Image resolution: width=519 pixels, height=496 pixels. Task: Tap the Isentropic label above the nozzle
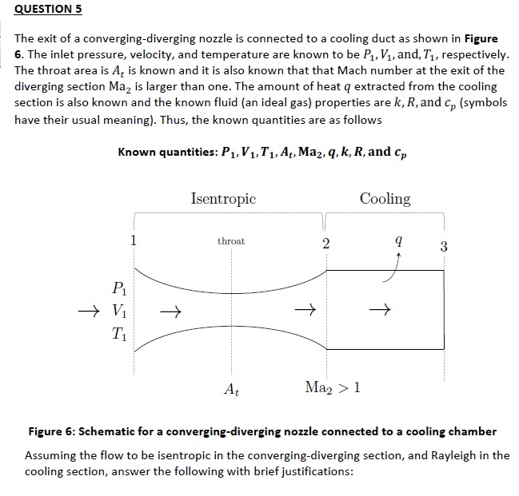(x=223, y=198)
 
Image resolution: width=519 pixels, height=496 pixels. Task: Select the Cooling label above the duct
(x=385, y=198)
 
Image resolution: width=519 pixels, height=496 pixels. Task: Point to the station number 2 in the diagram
(x=325, y=244)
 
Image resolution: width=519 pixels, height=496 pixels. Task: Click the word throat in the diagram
(x=231, y=240)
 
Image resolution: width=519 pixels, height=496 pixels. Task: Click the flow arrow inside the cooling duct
(x=384, y=309)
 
